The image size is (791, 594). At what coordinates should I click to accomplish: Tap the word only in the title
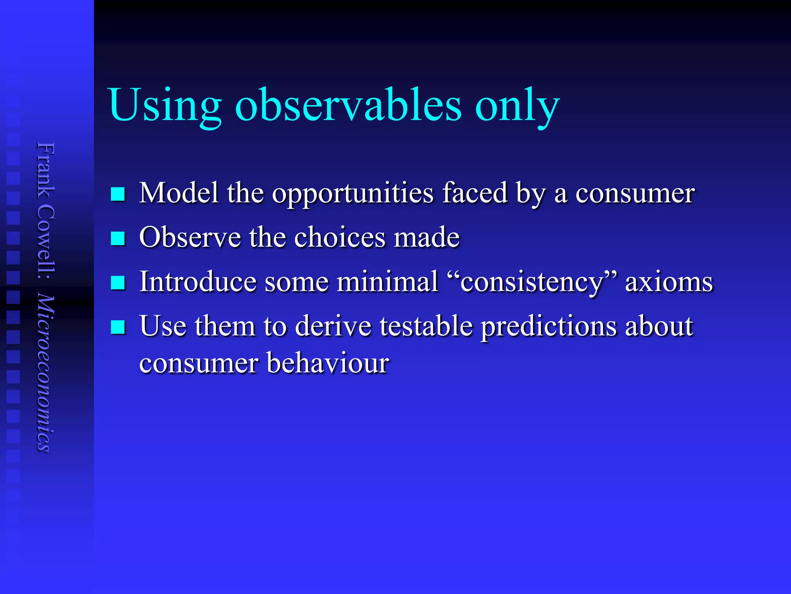[517, 106]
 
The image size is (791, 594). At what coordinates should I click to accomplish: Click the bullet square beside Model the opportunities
[118, 194]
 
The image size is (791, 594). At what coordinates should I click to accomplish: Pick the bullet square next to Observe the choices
[118, 239]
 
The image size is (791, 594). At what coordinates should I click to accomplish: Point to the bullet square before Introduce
[118, 283]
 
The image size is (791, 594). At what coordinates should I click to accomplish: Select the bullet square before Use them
[118, 327]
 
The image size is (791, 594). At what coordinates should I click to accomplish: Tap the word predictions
[548, 327]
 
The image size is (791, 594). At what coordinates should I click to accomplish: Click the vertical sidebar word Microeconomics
[46, 373]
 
